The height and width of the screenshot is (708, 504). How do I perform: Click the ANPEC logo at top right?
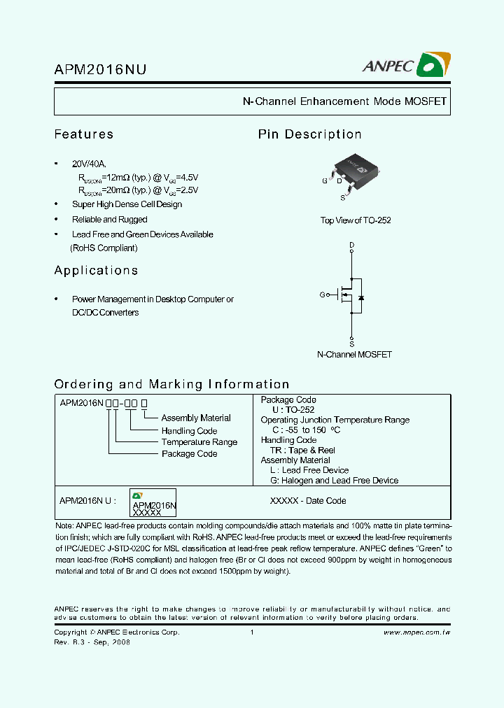coord(406,65)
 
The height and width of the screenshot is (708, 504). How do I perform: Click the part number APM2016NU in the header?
coord(100,69)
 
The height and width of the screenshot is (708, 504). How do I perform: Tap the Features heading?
coord(84,134)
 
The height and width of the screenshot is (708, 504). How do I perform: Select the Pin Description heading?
coord(309,134)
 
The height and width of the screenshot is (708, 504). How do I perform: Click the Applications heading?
coord(96,271)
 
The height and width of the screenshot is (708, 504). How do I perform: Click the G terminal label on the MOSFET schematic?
coord(323,295)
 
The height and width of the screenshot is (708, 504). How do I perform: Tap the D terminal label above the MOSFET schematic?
coord(351,245)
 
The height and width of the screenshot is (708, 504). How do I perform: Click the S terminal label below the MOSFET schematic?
coord(351,344)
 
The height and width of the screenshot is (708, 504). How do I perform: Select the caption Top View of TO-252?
coord(356,220)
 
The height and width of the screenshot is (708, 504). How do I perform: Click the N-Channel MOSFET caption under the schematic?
coord(354,355)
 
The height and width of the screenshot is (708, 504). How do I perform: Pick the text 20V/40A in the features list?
coord(90,164)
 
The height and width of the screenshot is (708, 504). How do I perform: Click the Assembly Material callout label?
coord(196,418)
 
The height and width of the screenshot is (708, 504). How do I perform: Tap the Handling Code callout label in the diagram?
coord(189,431)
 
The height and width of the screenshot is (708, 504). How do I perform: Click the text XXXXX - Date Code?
coord(308,501)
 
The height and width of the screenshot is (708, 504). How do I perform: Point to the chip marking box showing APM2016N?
coord(153,503)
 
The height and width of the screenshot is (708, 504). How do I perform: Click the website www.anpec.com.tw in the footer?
coord(416,632)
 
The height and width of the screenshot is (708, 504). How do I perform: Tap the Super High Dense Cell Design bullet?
coord(127,205)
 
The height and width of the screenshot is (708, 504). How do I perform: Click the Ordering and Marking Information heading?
coord(171,384)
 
